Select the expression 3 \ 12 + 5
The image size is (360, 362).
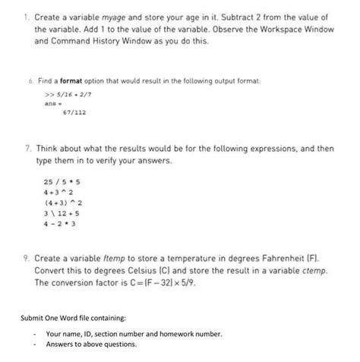click(62, 214)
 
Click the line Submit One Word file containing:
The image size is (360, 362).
click(70, 317)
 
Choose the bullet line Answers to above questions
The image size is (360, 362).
click(91, 344)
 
